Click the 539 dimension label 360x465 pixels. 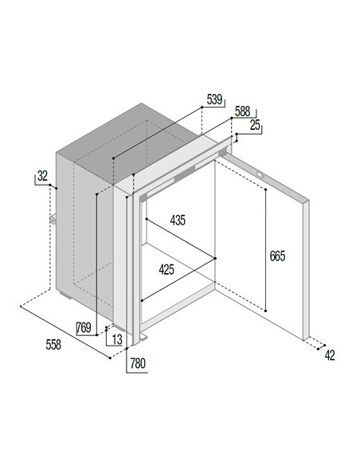(214, 100)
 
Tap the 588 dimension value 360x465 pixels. (242, 111)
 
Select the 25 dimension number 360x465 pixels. (255, 125)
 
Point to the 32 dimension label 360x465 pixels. (42, 176)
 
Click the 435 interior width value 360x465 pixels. (178, 221)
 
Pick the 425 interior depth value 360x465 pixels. (166, 270)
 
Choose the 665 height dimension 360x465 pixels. (277, 256)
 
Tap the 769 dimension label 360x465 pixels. (84, 328)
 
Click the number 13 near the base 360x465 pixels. (117, 339)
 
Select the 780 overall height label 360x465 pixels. (138, 363)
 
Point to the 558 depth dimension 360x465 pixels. (53, 345)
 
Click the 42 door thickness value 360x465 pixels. (330, 355)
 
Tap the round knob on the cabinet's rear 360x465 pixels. (53, 220)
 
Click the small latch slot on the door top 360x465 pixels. (260, 175)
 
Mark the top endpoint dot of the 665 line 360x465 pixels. (265, 190)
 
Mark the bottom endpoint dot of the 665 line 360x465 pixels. (265, 311)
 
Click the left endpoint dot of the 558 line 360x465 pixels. (21, 307)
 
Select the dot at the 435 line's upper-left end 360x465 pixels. (147, 219)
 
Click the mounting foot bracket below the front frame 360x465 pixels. (144, 337)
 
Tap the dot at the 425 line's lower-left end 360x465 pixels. (143, 300)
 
